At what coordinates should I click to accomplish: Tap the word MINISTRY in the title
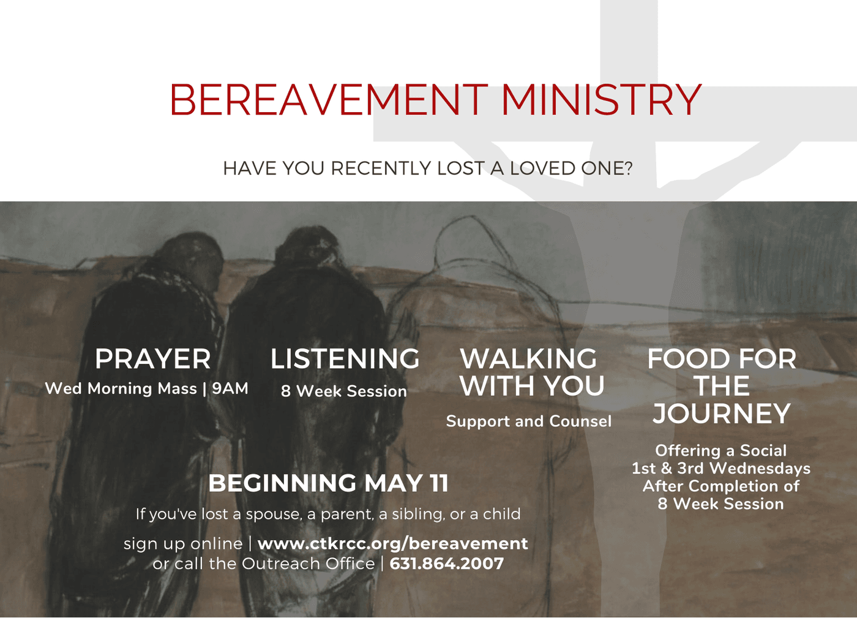tap(601, 100)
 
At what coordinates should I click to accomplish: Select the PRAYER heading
tap(152, 359)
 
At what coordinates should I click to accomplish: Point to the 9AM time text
tap(230, 388)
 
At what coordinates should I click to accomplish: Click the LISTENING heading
tap(345, 359)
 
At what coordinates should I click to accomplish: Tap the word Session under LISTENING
tap(377, 391)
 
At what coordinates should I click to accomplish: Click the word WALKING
tap(528, 359)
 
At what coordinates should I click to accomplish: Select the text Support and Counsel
tap(529, 421)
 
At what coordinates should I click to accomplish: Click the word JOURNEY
tap(722, 413)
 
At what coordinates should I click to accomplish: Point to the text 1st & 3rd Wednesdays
tap(721, 469)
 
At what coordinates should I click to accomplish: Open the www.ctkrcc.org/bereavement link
tap(393, 543)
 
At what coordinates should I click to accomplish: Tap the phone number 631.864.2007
tap(446, 563)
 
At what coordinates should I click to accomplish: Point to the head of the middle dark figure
tap(306, 249)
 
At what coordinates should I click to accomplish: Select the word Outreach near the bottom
tap(309, 563)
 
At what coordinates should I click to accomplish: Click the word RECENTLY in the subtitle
tap(381, 168)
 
